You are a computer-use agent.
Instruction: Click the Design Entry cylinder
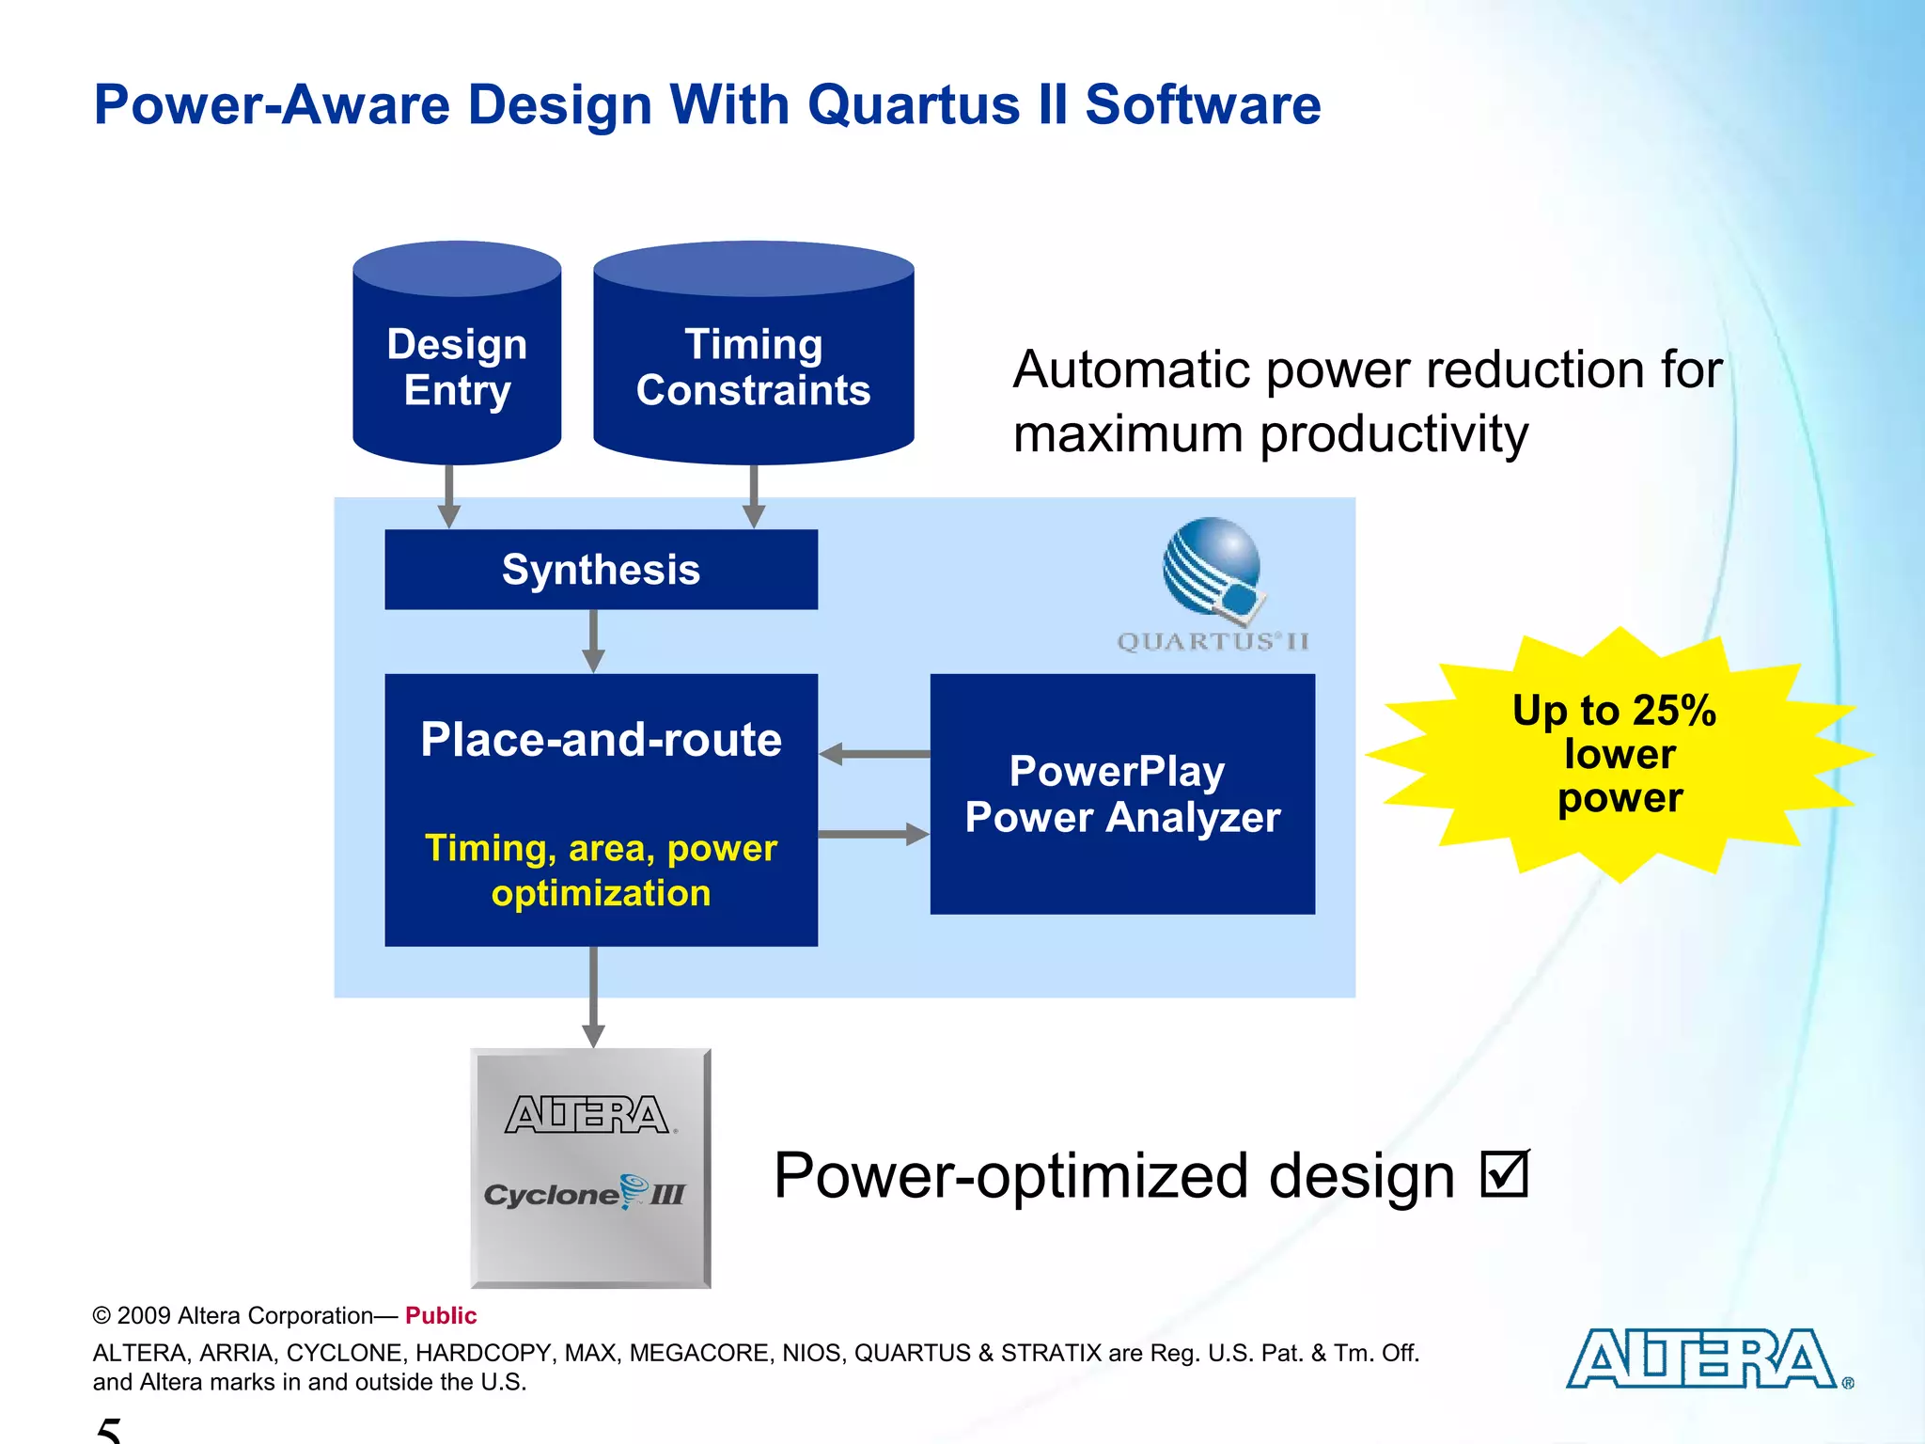pos(457,367)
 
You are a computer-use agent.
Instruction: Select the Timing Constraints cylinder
pos(753,367)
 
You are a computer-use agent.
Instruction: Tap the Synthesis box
pos(601,570)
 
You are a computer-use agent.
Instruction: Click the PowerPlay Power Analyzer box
pos(1122,793)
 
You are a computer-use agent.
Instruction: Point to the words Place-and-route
pos(601,739)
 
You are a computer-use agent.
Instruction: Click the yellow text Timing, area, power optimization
pos(601,870)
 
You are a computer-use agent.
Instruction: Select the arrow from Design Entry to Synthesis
pos(449,496)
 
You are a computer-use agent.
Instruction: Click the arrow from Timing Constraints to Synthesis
pos(754,496)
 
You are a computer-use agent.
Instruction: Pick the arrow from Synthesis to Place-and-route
pos(593,641)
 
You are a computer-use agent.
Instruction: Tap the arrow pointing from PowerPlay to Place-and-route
pos(874,754)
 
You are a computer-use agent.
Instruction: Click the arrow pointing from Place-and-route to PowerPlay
pos(874,834)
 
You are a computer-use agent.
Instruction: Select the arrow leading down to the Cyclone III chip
pos(593,997)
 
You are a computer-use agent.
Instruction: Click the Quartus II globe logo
pos(1213,570)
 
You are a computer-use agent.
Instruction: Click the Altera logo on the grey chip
pos(587,1115)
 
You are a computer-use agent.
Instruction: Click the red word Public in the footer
pos(441,1315)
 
